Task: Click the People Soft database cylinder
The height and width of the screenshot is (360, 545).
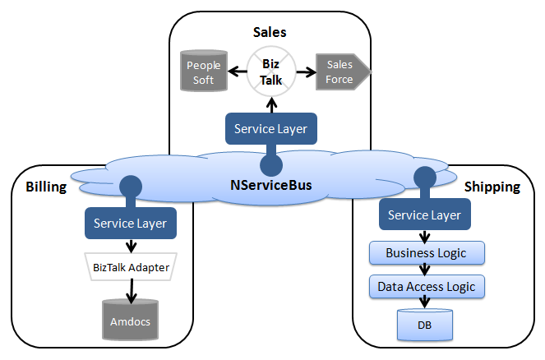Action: point(203,72)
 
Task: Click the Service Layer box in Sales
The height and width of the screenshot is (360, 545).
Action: point(270,129)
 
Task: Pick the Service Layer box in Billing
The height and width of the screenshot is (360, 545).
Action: point(130,223)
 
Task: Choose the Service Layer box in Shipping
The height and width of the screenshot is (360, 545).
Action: point(424,215)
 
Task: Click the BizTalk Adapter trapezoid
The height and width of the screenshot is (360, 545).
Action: point(131,266)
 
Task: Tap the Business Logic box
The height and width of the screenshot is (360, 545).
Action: point(426,252)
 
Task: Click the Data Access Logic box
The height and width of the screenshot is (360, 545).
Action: point(426,287)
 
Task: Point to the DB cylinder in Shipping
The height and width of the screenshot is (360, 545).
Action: point(424,324)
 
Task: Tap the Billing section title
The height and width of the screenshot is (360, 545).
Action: point(45,187)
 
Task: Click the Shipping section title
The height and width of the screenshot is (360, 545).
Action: point(492,187)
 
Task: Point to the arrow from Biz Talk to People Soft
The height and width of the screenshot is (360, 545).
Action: point(238,72)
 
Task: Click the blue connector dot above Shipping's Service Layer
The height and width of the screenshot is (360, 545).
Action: point(424,177)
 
